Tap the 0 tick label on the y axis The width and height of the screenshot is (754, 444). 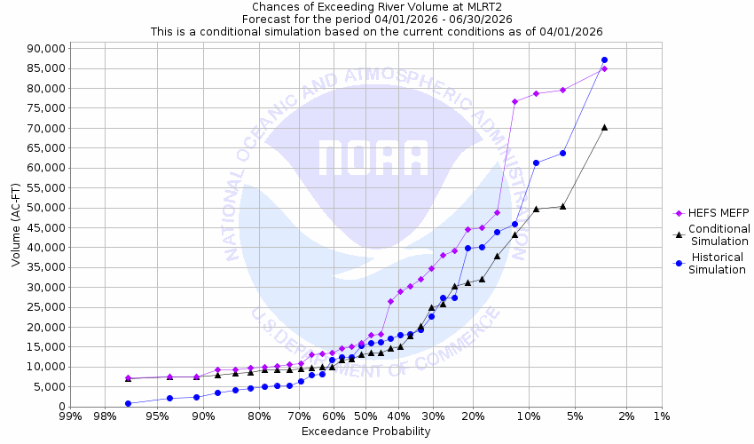pyautogui.click(x=58, y=407)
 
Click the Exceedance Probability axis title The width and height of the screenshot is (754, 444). pyautogui.click(x=365, y=432)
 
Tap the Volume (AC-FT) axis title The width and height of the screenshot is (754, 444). pyautogui.click(x=16, y=226)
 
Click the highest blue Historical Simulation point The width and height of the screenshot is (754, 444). pyautogui.click(x=604, y=59)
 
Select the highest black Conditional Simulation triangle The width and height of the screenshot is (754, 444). pyautogui.click(x=604, y=127)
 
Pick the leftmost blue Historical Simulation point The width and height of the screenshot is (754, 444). pyautogui.click(x=128, y=403)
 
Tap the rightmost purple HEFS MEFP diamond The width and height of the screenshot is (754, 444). pyautogui.click(x=604, y=68)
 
